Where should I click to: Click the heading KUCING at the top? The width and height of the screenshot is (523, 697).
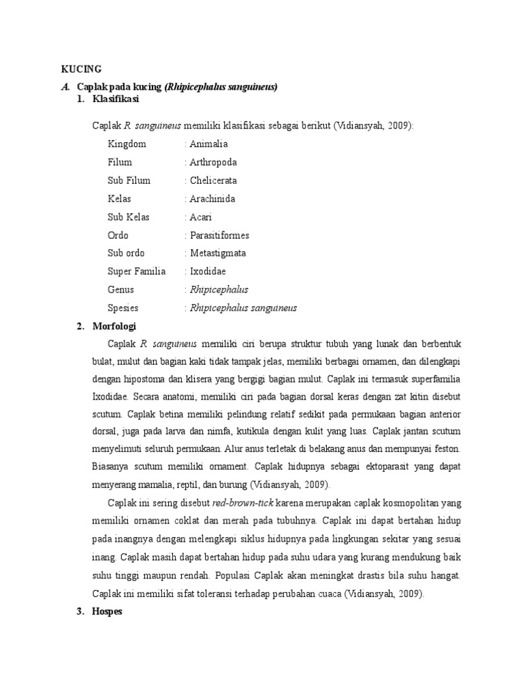pyautogui.click(x=81, y=69)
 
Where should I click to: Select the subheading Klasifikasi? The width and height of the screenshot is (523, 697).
pyautogui.click(x=116, y=99)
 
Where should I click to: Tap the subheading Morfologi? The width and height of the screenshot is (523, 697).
pyautogui.click(x=114, y=326)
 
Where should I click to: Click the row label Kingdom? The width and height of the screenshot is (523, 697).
pyautogui.click(x=127, y=144)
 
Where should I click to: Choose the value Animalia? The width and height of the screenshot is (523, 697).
pyautogui.click(x=209, y=144)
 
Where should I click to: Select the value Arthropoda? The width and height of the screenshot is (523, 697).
pyautogui.click(x=214, y=162)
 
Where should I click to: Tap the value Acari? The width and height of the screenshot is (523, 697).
pyautogui.click(x=202, y=217)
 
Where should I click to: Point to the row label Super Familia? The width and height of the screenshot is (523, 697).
pyautogui.click(x=136, y=272)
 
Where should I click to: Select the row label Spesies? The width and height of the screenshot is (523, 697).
pyautogui.click(x=123, y=308)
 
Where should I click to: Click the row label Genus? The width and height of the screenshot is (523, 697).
pyautogui.click(x=121, y=289)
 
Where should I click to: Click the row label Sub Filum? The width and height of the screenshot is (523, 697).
pyautogui.click(x=129, y=180)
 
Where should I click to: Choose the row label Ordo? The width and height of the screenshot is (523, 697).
pyautogui.click(x=118, y=235)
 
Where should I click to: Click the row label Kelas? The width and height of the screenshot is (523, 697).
pyautogui.click(x=119, y=199)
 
